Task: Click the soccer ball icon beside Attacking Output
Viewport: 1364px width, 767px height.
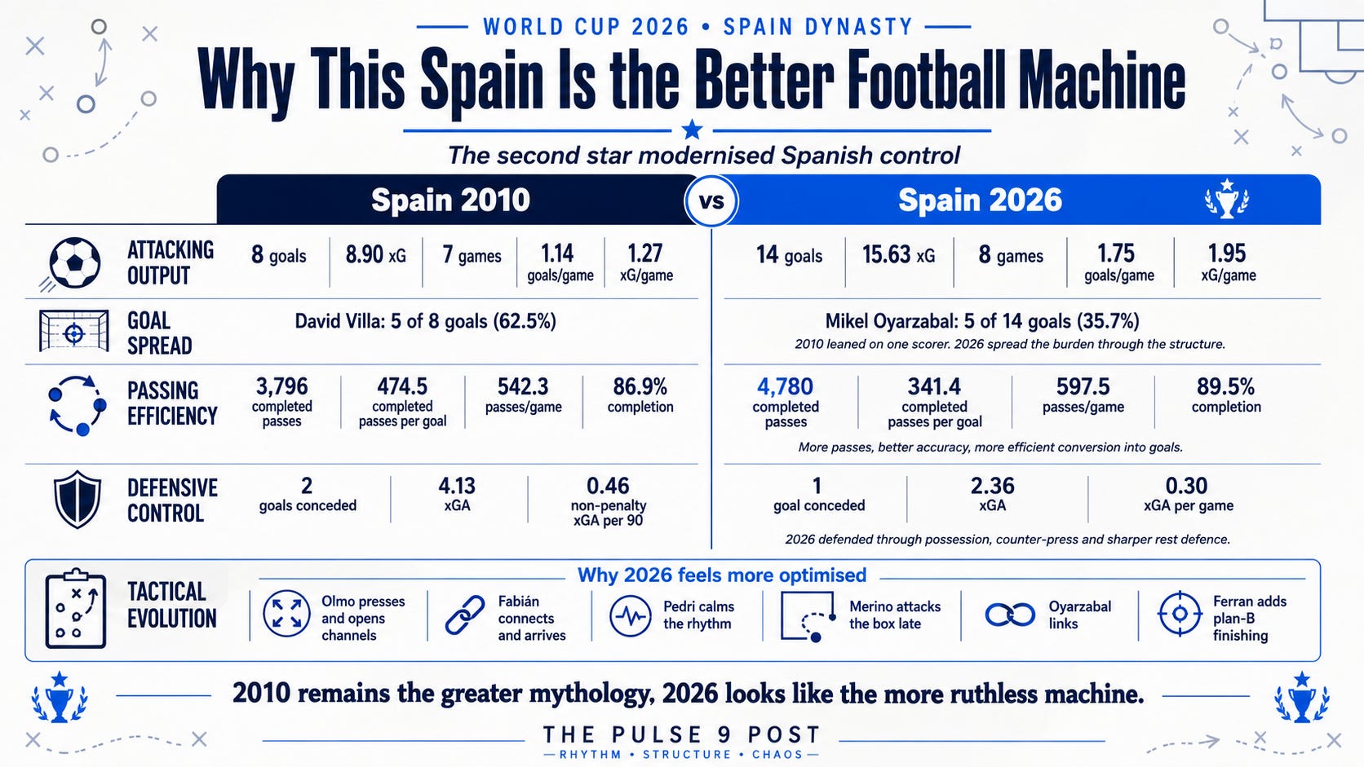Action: coord(74,262)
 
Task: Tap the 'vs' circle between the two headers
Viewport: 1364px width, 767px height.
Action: coord(711,201)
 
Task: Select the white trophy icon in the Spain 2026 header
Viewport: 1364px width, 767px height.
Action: coord(1226,199)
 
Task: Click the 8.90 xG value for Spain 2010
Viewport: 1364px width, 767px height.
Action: coord(376,254)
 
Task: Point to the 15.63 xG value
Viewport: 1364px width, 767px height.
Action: coord(898,254)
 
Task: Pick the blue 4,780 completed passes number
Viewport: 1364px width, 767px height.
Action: coord(785,386)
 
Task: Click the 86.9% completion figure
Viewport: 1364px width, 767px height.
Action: coord(640,386)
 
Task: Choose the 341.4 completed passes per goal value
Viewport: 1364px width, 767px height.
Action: coord(934,386)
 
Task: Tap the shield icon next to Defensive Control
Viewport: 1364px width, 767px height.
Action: coord(77,499)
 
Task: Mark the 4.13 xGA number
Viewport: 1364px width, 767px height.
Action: coord(457,485)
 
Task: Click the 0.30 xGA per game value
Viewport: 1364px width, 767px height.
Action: coord(1186,485)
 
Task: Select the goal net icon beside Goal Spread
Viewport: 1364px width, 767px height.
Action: coord(73,331)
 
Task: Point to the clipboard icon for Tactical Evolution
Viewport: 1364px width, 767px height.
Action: coord(76,608)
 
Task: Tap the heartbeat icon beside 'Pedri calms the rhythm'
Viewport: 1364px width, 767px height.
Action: coord(631,615)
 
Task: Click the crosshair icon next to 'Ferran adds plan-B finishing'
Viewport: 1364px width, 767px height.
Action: coord(1180,614)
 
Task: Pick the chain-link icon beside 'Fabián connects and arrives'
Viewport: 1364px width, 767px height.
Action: coord(465,615)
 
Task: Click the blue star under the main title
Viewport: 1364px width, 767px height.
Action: coord(692,130)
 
